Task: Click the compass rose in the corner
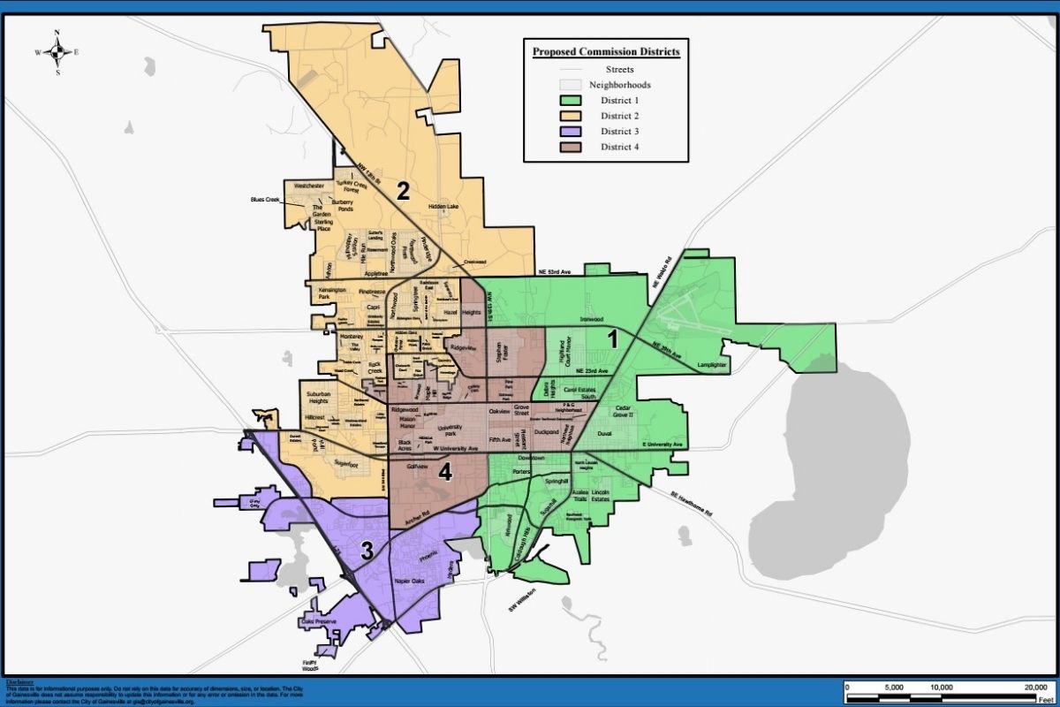pos(57,52)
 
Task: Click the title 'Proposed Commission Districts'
pos(606,51)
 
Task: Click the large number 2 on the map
pos(402,191)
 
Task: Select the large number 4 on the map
pos(445,473)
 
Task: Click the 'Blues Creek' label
pos(265,201)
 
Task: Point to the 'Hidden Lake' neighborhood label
pos(443,207)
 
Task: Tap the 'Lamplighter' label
pos(712,364)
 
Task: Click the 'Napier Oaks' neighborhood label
pos(407,581)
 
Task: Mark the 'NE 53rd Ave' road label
pos(559,272)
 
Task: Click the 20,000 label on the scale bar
pos(1034,687)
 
